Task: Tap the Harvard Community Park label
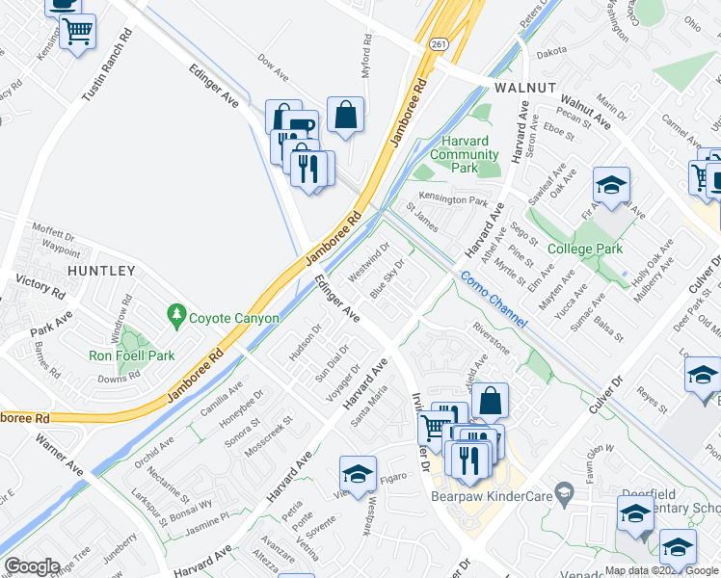coord(465,154)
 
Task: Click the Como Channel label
coord(493,300)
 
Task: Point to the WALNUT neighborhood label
coord(525,87)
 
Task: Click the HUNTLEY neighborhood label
coord(101,272)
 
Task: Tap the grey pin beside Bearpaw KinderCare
coord(567,493)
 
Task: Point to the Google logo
coord(32,565)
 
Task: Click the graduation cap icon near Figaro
coord(357,473)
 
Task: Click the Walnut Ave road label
coord(585,111)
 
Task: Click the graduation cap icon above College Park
coord(611,184)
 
